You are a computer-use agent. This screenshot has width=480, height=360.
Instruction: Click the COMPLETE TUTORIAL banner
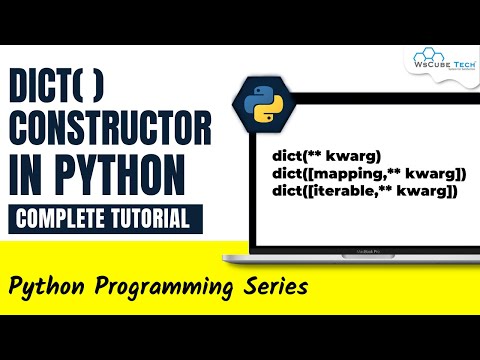pos(107,218)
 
